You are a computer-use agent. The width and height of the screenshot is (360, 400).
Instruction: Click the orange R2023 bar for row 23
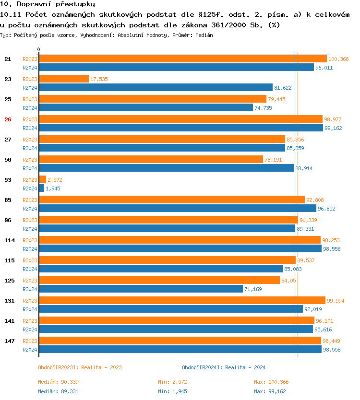(x=64, y=79)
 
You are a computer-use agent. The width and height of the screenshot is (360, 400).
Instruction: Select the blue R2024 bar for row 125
(x=141, y=289)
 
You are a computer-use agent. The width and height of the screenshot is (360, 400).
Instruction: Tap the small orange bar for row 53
(x=42, y=179)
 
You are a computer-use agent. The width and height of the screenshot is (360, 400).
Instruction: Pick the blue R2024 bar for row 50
(x=166, y=168)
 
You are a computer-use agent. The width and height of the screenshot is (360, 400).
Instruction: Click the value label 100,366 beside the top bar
(x=338, y=59)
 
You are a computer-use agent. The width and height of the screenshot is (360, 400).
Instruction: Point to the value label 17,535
(x=99, y=79)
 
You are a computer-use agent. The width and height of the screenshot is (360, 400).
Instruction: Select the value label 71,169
(x=254, y=289)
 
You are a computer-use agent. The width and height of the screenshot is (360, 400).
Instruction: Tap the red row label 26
(x=8, y=119)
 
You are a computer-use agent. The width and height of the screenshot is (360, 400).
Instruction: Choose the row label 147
(x=9, y=341)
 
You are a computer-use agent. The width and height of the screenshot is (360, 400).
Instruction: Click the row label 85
(x=8, y=200)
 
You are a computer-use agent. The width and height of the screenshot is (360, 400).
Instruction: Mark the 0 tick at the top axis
(x=39, y=49)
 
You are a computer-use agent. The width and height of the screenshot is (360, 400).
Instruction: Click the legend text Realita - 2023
(x=101, y=367)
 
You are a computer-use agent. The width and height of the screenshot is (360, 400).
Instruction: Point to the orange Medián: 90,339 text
(x=58, y=382)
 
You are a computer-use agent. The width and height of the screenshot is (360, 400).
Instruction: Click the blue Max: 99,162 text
(x=271, y=391)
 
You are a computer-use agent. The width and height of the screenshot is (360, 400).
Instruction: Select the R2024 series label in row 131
(x=30, y=309)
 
